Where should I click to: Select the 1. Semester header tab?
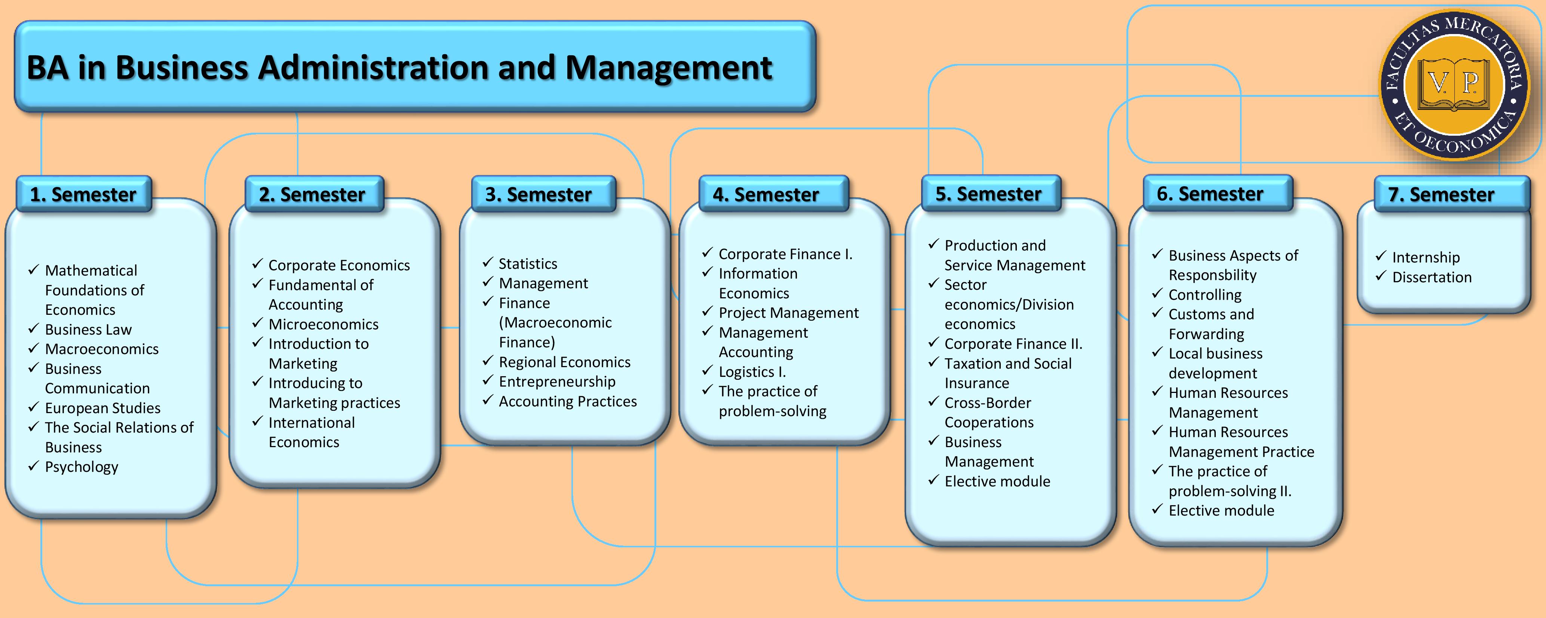pyautogui.click(x=83, y=194)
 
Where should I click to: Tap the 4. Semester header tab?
pyautogui.click(x=774, y=194)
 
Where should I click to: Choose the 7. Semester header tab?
pyautogui.click(x=1452, y=194)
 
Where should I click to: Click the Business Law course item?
pyautogui.click(x=88, y=329)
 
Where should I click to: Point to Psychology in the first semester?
pyautogui.click(x=82, y=467)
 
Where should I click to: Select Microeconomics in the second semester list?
pyautogui.click(x=323, y=324)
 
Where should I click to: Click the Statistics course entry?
pyautogui.click(x=528, y=264)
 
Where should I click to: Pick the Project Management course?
pyautogui.click(x=789, y=313)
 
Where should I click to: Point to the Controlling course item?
pyautogui.click(x=1205, y=295)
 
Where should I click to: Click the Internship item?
pyautogui.click(x=1426, y=257)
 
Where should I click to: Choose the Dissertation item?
pyautogui.click(x=1432, y=277)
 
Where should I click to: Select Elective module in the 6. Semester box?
pyautogui.click(x=1221, y=511)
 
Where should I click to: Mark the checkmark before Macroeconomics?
pyautogui.click(x=34, y=348)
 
